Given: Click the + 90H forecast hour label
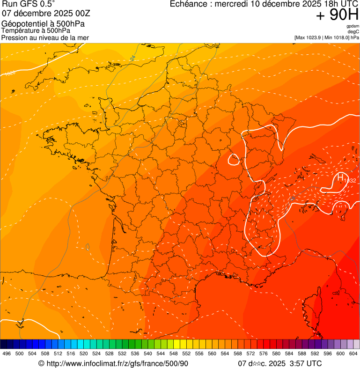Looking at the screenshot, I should pos(337,15).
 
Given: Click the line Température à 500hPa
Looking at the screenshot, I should pos(36,30).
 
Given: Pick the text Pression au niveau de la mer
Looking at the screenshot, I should pos(45,37).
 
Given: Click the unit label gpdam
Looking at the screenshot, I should pos(353,26).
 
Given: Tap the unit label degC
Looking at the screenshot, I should pos(353,32).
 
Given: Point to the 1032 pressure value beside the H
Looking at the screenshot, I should pos(350,180).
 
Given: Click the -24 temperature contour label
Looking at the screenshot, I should pos(132,58).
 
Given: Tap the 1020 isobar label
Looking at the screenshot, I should pos(9,73).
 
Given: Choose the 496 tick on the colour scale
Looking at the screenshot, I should pos(7,354).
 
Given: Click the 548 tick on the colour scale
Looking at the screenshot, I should pos(174,354).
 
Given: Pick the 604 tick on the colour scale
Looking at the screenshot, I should pos(353,354).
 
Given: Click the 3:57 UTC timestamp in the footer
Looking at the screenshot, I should pos(305,364).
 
